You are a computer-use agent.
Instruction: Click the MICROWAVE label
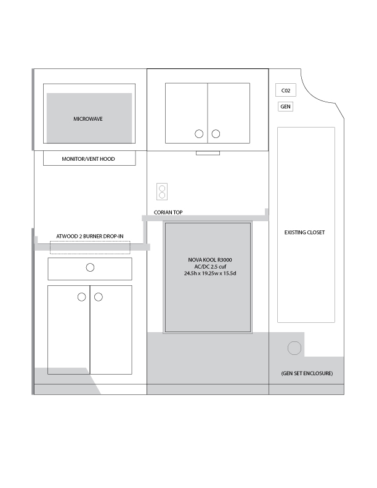coord(88,119)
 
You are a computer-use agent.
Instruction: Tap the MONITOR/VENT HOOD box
coord(89,158)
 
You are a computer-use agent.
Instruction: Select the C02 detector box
coord(286,90)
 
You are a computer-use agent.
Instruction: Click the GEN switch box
coord(285,107)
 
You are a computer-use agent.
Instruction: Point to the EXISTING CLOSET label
coord(304,232)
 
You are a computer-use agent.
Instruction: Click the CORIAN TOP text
coord(168,212)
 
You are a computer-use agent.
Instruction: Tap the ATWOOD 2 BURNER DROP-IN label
coord(89,236)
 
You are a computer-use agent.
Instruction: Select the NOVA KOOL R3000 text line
coord(210,259)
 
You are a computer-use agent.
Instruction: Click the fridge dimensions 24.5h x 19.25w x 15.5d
coord(210,273)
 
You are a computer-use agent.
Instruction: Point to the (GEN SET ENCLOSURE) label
coord(307,373)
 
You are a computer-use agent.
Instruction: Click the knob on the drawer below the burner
coord(90,267)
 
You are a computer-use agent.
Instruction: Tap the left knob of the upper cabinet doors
coord(199,134)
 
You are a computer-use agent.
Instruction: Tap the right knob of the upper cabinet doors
coord(216,134)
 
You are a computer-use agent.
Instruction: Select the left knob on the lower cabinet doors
coord(82,297)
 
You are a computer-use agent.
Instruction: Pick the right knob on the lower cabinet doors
coord(99,297)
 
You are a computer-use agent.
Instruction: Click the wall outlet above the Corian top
coord(162,192)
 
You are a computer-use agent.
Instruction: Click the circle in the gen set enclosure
coord(294,348)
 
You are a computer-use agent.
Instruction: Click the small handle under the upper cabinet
coord(208,153)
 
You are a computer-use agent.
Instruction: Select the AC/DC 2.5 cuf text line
coord(210,266)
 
